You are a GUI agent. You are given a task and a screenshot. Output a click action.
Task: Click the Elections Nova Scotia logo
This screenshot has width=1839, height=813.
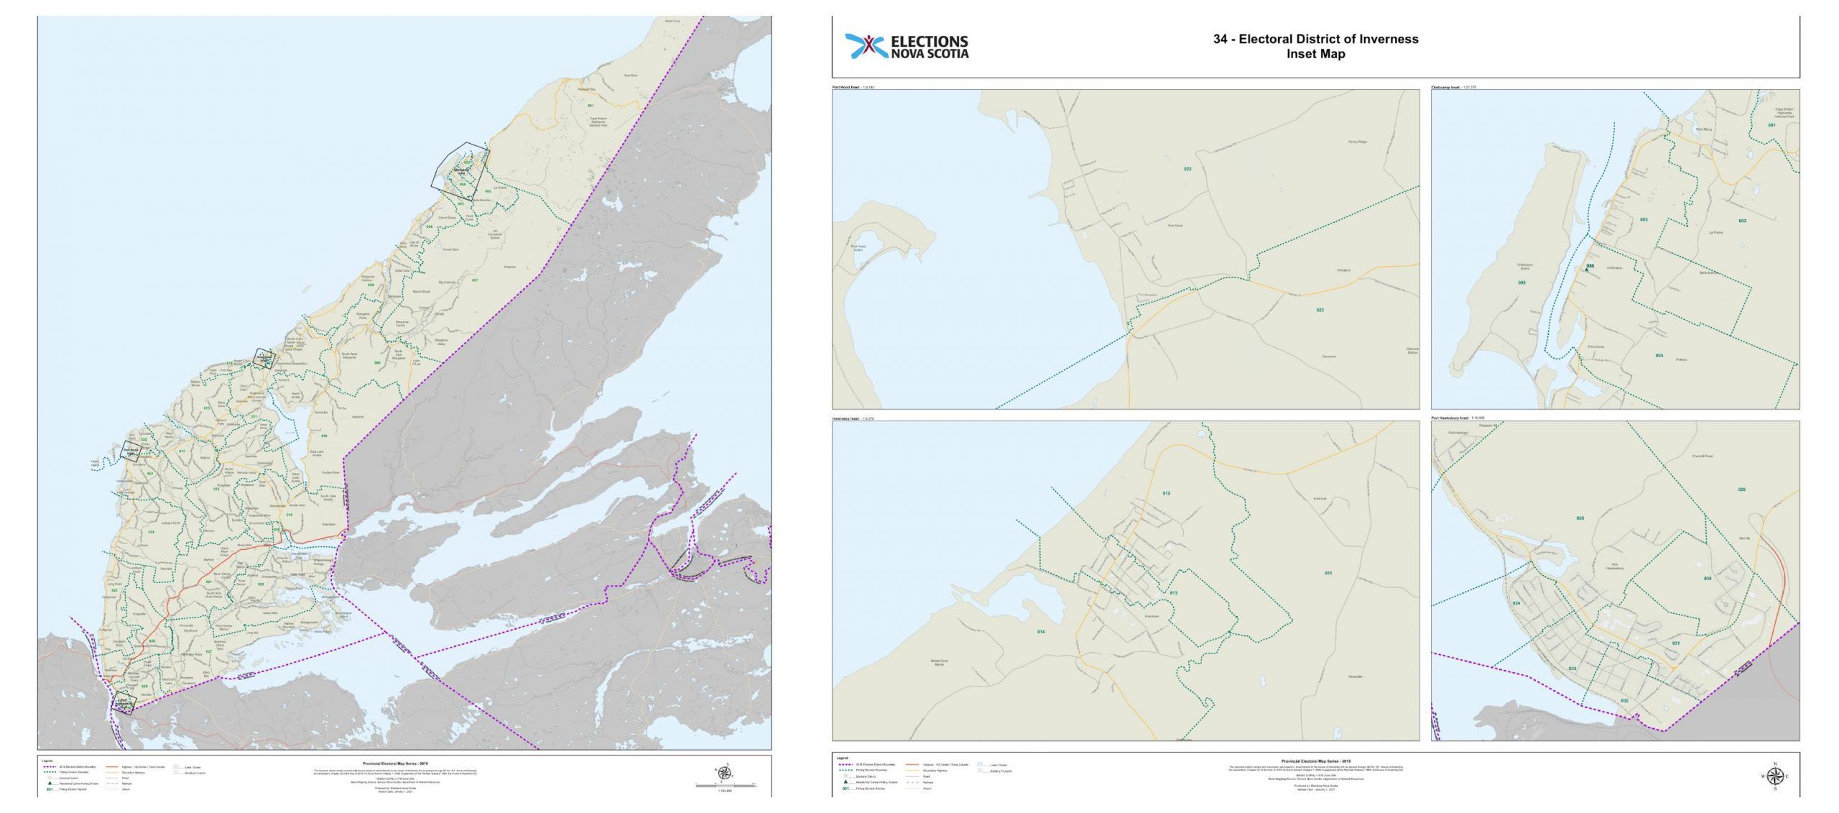tap(907, 47)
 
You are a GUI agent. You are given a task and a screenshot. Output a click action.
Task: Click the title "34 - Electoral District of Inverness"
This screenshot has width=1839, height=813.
tap(1315, 40)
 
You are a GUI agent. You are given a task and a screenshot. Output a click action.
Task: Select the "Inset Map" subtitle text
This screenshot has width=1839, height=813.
tap(1316, 54)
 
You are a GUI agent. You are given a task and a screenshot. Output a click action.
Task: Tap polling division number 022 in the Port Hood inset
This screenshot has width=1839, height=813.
tap(1187, 169)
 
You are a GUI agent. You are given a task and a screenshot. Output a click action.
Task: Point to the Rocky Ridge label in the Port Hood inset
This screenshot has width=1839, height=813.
tap(1357, 142)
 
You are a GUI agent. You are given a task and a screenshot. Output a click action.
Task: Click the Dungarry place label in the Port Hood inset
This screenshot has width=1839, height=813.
tap(1343, 270)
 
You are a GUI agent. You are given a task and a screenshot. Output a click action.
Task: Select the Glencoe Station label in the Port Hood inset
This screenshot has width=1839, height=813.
tap(1412, 352)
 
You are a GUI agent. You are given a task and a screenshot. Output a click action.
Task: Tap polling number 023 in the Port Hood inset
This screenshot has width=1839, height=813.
tap(1320, 311)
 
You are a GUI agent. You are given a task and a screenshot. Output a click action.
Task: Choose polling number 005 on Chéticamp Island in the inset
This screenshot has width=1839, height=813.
tap(1521, 283)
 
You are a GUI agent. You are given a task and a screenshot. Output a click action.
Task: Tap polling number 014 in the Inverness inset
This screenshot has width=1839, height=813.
tap(1040, 632)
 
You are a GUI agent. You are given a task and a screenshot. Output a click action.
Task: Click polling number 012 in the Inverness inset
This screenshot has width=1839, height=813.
tap(1166, 493)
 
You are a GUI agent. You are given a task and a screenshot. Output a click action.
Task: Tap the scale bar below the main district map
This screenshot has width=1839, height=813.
tap(726, 786)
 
